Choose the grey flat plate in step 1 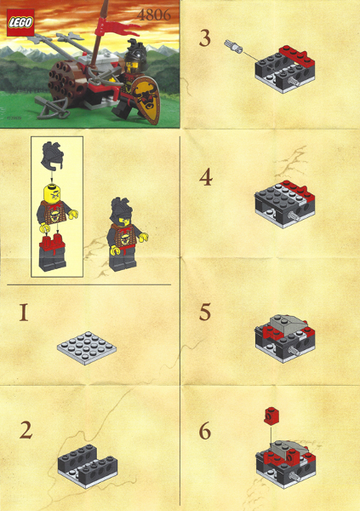(89, 345)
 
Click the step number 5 (205, 312)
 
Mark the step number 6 (205, 431)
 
